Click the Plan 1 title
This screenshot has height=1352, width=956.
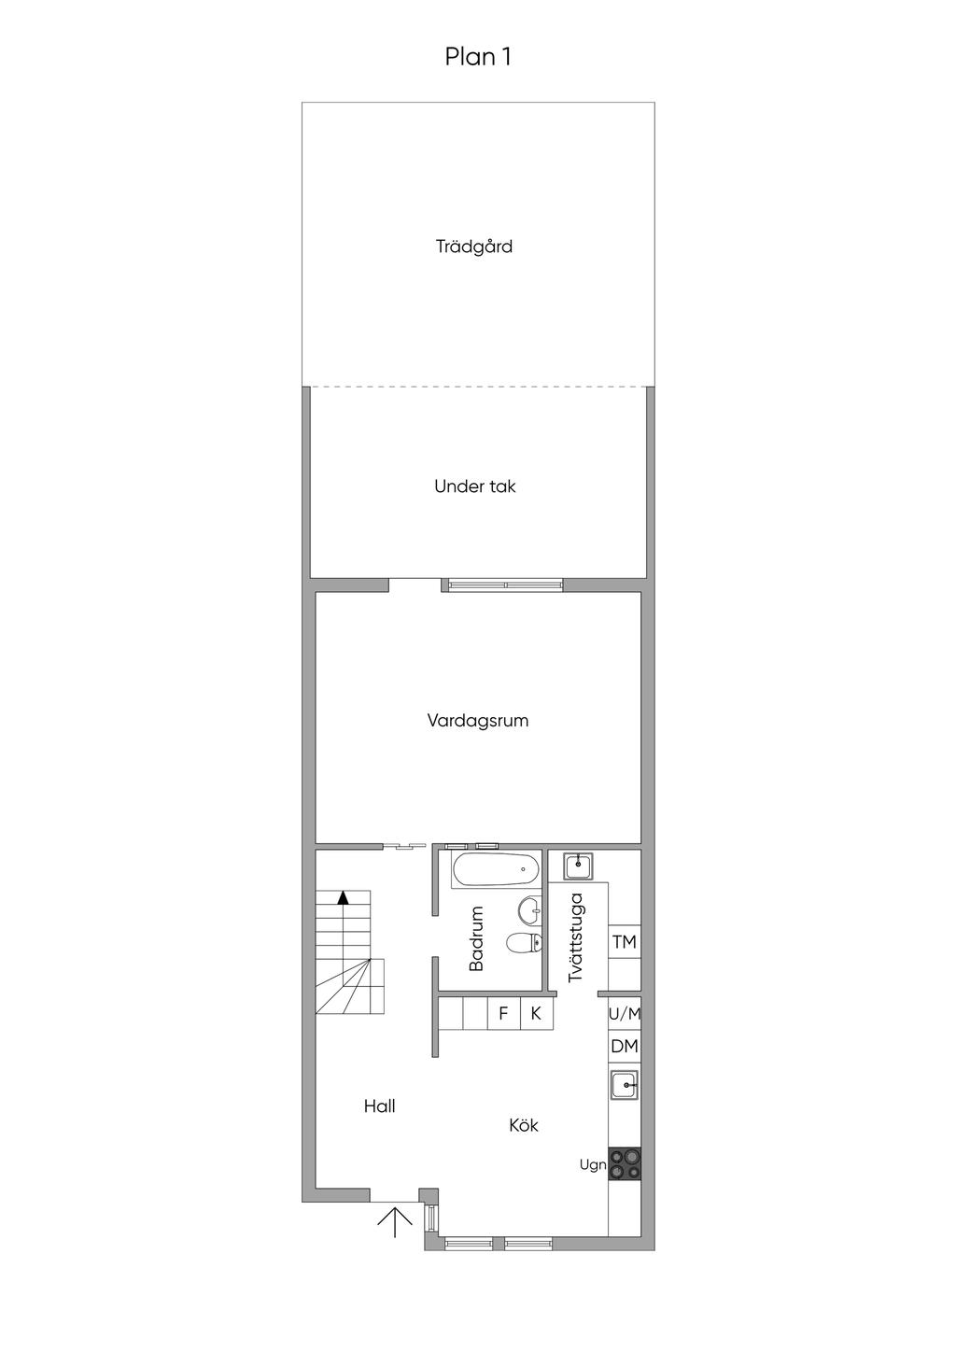(x=478, y=57)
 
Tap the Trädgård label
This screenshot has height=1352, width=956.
(x=474, y=246)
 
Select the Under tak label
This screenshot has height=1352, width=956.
(x=475, y=486)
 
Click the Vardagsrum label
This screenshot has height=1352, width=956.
(x=478, y=721)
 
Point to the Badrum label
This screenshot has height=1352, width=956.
(x=477, y=938)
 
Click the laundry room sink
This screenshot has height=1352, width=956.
(x=578, y=866)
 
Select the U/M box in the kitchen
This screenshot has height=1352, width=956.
(x=624, y=1015)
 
